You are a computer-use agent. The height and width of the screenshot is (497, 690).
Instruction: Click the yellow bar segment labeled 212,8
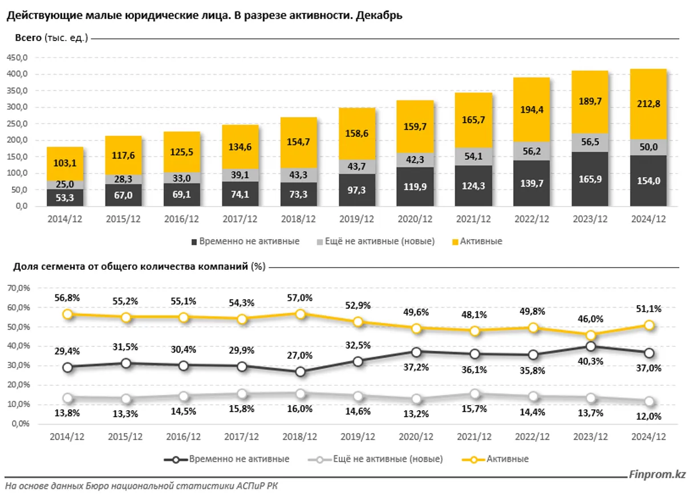tap(648, 104)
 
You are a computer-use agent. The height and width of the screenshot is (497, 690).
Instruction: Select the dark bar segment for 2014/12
tap(65, 197)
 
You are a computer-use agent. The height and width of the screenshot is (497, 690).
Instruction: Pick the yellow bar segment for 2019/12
tap(357, 134)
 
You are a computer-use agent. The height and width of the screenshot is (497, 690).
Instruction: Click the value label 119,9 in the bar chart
tap(416, 187)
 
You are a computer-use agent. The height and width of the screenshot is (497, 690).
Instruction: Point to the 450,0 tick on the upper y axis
tap(18, 58)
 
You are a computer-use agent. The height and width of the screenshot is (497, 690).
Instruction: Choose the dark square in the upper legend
tap(194, 242)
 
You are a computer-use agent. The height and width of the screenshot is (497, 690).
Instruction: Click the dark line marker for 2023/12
tap(590, 346)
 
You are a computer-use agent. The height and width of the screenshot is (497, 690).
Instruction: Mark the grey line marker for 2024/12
tap(648, 402)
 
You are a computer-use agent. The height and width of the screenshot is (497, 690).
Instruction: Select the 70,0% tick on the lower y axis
tap(18, 289)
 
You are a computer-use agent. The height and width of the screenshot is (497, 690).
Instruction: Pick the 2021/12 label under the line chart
tap(474, 437)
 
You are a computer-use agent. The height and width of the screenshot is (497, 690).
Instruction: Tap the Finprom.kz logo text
tap(657, 474)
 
